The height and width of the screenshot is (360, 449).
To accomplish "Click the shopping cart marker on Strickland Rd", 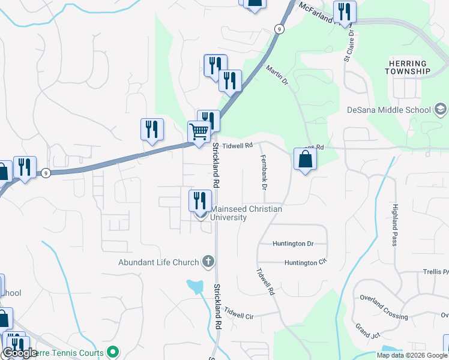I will pos(199,131).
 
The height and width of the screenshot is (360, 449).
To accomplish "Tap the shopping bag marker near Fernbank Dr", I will pos(305,159).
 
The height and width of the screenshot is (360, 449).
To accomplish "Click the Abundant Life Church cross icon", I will pos(208,262).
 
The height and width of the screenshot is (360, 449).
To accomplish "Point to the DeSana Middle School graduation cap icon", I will pos(440,110).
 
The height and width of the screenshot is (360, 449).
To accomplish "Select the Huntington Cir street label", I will pos(305,263).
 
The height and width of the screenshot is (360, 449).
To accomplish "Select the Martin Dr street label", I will pos(277,76).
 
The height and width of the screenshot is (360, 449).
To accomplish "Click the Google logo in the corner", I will pos(20,353).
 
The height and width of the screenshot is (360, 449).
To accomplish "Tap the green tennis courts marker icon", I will pos(112,352).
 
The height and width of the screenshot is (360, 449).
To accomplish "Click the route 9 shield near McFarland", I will pos(279,29).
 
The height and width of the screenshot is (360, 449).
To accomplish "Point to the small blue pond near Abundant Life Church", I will pos(195,286).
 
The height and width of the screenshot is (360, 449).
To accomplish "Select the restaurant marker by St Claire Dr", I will pos(345,12).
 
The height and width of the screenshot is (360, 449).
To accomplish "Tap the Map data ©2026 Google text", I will pos(412,355).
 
